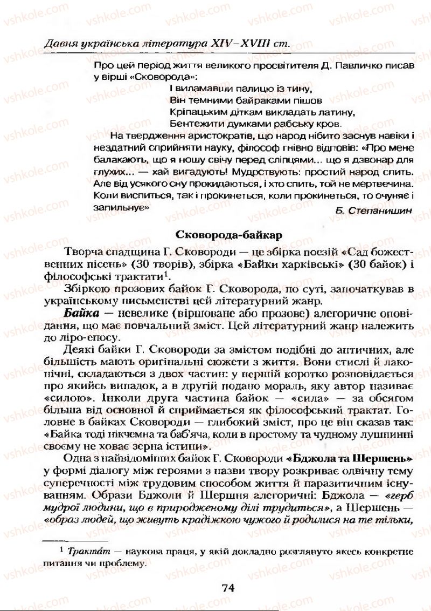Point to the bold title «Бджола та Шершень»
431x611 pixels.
(350, 458)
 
